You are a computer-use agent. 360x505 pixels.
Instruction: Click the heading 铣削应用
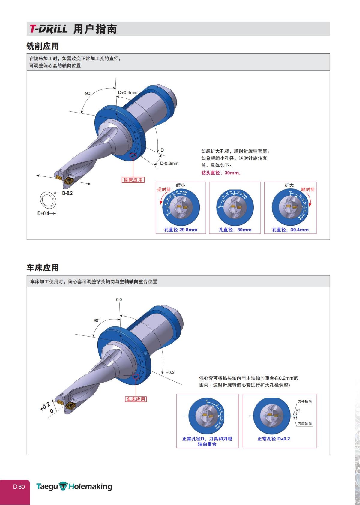43,46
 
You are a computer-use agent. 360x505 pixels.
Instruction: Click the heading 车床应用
43,268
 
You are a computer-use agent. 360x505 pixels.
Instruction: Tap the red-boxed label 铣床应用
133,180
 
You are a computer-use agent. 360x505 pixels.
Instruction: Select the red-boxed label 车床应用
136,399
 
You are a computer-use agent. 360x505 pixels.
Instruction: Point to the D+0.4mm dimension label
128,92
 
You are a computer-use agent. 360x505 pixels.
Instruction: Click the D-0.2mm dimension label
169,164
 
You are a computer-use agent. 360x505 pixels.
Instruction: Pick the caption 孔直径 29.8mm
181,230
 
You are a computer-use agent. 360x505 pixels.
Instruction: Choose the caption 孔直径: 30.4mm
290,230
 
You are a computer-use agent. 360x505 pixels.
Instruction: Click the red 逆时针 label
164,190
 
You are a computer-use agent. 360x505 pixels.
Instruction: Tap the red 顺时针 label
308,190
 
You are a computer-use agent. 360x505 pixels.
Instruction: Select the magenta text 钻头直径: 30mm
221,173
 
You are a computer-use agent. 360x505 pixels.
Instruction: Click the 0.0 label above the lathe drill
119,299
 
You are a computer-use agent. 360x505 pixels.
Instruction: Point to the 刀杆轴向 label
305,401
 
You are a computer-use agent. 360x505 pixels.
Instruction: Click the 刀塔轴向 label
305,424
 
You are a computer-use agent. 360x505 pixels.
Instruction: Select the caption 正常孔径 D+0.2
274,439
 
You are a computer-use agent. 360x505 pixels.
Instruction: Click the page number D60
19,487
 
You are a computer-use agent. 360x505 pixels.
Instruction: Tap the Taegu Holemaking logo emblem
63,486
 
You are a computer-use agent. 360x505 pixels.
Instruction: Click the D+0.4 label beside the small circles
43,213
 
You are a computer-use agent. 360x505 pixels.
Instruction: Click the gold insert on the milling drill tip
68,181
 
